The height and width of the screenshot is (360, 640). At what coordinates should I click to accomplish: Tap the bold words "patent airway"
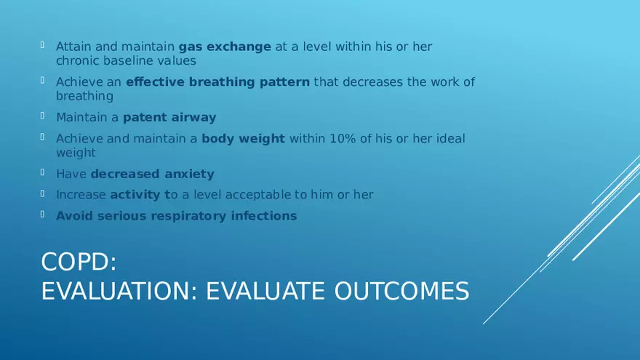[169, 117]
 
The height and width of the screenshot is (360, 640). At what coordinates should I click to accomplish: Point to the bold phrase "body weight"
[243, 139]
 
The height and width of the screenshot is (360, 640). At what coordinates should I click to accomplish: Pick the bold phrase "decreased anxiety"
[152, 174]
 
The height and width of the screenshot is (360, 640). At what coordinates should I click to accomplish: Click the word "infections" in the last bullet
[264, 216]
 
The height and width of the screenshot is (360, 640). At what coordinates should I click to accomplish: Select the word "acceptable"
[258, 195]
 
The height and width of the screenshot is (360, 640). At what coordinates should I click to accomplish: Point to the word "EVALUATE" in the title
[266, 291]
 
